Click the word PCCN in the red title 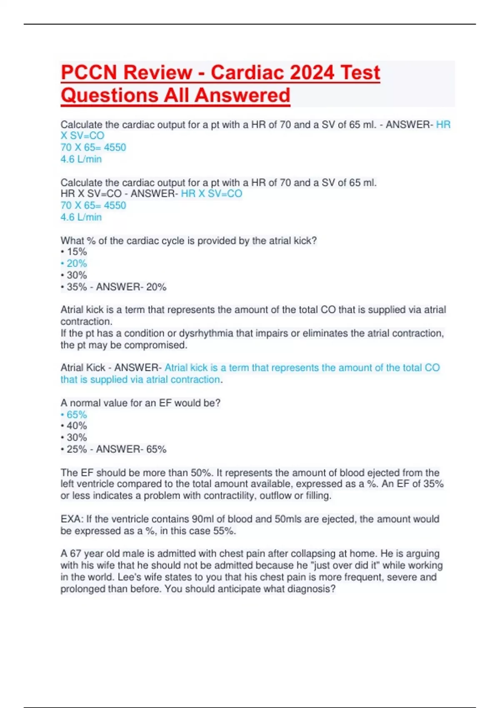pos(89,72)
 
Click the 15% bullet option pos(76,252)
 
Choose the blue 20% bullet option pos(76,264)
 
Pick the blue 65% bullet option pos(76,415)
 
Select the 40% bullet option pos(76,426)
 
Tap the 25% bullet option pos(76,449)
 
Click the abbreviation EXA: pos(72,519)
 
